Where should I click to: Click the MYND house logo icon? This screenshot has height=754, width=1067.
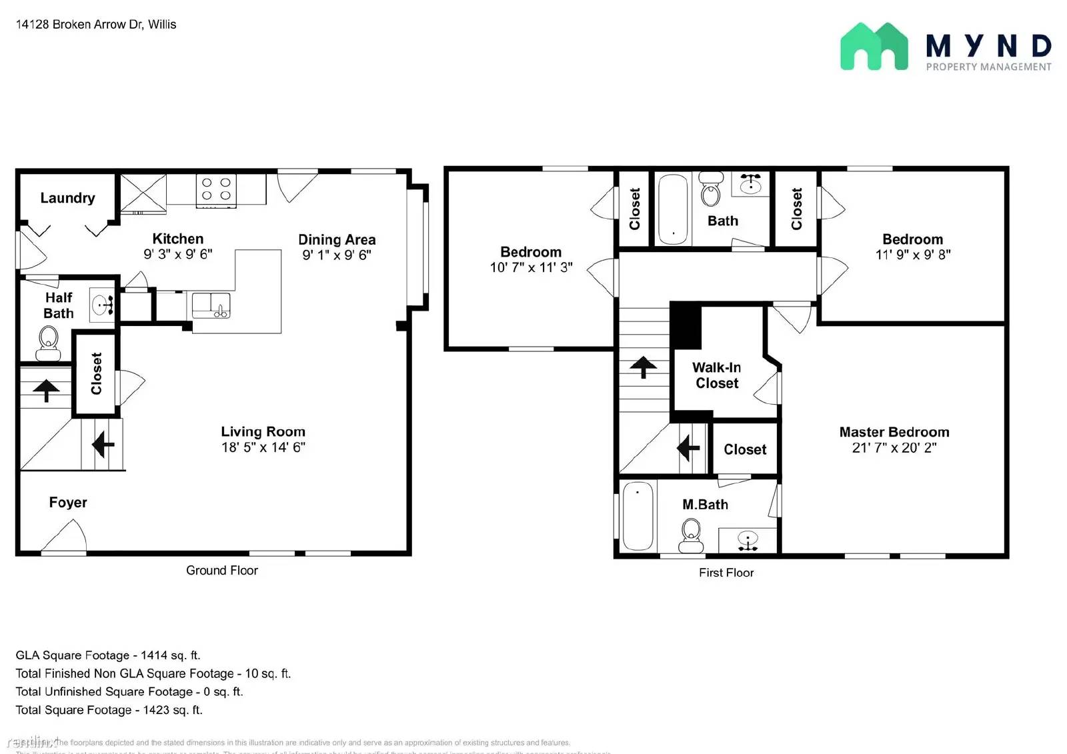[x=874, y=47]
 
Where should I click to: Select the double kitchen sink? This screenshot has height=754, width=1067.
[x=211, y=305]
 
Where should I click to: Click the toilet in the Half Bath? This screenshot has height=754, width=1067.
[x=48, y=341]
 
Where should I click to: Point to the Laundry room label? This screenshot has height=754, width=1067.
[x=67, y=198]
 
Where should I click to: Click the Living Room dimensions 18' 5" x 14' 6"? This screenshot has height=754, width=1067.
[x=263, y=447]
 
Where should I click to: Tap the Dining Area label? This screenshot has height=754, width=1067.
[x=337, y=239]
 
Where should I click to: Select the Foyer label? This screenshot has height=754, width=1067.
[x=68, y=503]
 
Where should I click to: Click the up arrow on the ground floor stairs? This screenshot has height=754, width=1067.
[x=46, y=389]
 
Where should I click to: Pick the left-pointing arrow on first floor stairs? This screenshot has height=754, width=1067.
[x=688, y=448]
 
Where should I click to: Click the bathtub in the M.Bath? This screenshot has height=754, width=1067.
[x=638, y=516]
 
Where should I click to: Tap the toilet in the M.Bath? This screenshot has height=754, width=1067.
[x=691, y=535]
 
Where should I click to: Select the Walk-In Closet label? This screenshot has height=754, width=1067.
[x=717, y=375]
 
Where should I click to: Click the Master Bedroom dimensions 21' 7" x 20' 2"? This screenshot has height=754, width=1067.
[x=894, y=448]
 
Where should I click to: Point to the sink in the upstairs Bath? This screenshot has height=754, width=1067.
[x=751, y=183]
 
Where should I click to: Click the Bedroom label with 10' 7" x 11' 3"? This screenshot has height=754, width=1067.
[x=531, y=252]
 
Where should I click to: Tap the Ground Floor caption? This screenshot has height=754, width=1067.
[x=221, y=571]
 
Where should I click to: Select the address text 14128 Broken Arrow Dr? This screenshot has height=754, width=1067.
[x=96, y=25]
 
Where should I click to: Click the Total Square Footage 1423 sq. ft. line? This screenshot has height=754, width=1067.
[x=109, y=710]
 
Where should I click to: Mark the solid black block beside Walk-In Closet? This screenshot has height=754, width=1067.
[x=686, y=325]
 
